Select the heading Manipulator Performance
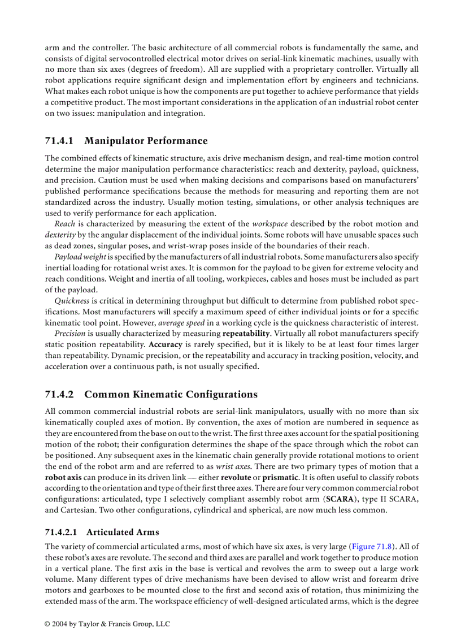(146, 141)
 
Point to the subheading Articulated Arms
(123, 532)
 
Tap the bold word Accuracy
(165, 344)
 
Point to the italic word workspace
(269, 223)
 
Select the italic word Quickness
(72, 301)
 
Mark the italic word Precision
(70, 334)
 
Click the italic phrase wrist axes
(233, 466)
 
